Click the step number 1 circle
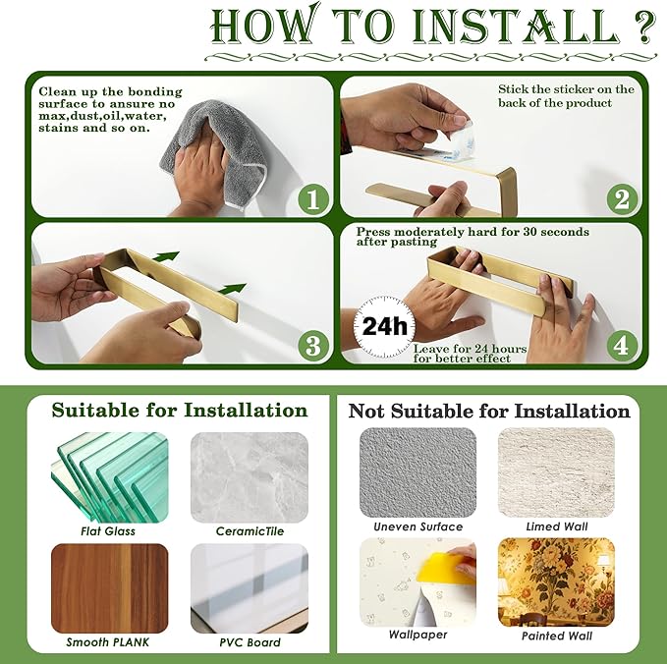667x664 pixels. (x=313, y=198)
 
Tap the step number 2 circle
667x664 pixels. (x=622, y=198)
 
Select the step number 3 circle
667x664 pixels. (x=313, y=346)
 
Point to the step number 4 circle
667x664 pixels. (x=622, y=346)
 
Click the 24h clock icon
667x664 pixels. (x=384, y=327)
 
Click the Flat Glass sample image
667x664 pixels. (x=110, y=477)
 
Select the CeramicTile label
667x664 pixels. (x=250, y=530)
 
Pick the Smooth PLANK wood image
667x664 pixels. (x=110, y=588)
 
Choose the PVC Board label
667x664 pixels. (x=250, y=641)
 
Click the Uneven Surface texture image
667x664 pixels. (x=418, y=472)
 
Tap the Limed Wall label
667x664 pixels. (x=556, y=526)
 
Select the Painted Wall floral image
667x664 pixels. (x=556, y=582)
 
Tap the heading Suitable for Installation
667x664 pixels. (x=180, y=410)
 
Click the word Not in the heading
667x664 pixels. (x=366, y=411)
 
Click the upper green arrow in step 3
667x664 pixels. (x=166, y=256)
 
